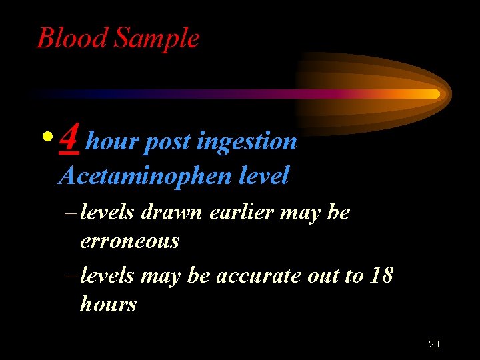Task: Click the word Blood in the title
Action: click(x=73, y=38)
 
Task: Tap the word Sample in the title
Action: click(x=157, y=39)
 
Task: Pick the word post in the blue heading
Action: click(x=167, y=142)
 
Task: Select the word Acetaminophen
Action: click(x=143, y=176)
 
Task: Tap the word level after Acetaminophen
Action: click(x=263, y=176)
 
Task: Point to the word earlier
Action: click(x=242, y=213)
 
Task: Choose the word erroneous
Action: click(x=129, y=241)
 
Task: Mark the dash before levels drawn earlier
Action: click(x=71, y=213)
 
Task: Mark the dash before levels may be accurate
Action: click(x=71, y=276)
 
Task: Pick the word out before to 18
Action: click(x=322, y=275)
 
